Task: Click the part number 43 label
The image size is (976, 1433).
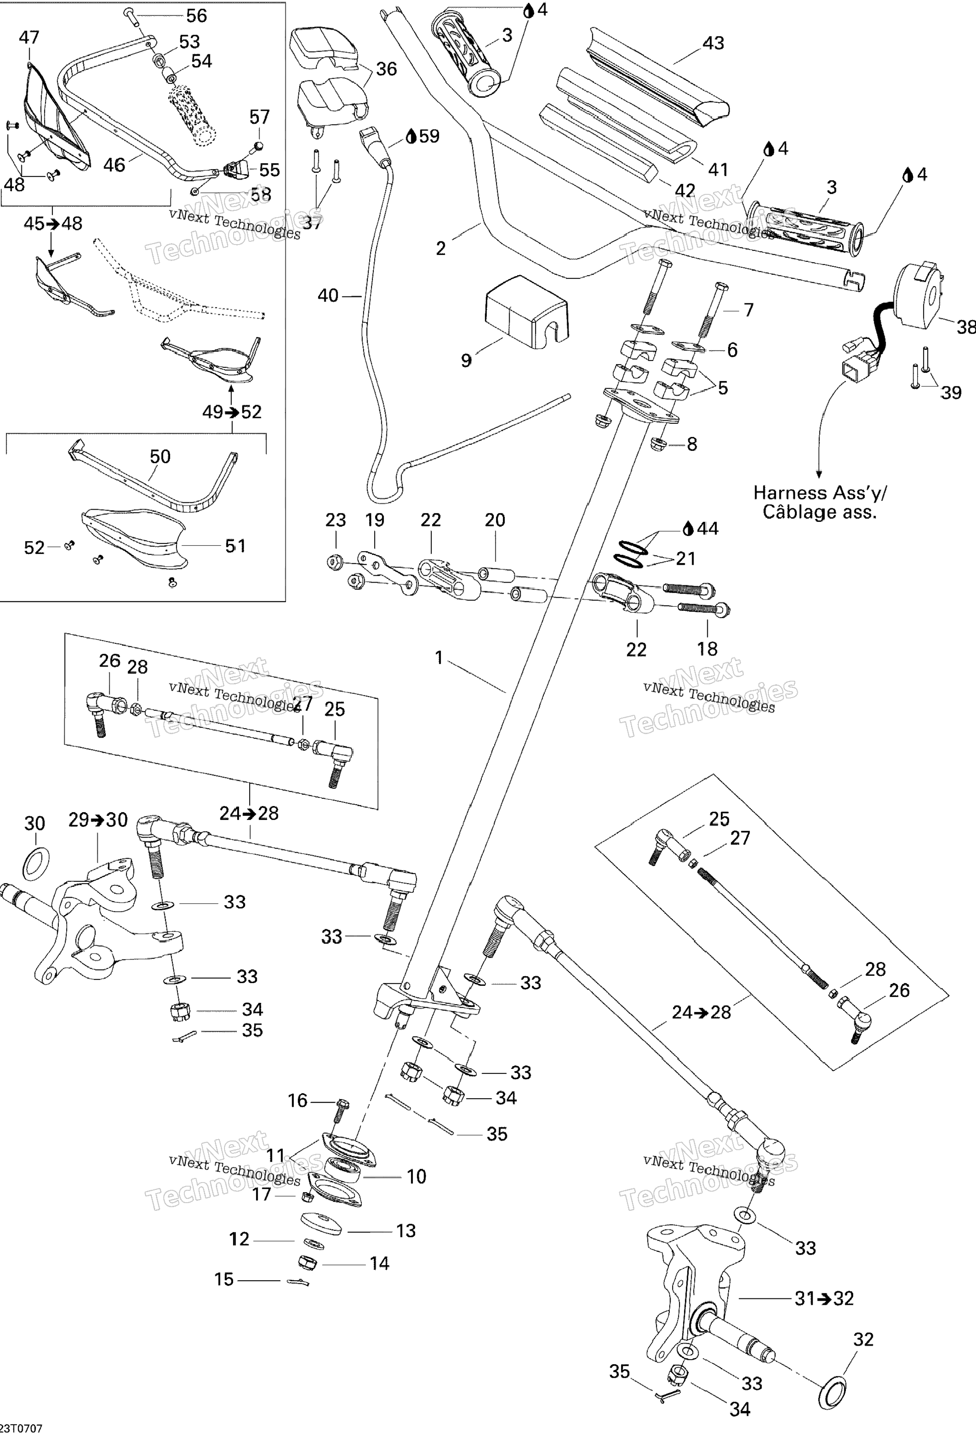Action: pos(713,43)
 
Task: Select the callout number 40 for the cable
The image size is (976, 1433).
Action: pos(328,296)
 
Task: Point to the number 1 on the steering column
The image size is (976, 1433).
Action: pos(439,658)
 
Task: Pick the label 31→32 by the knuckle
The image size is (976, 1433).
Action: pos(824,1298)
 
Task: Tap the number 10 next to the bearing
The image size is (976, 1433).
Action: pos(416,1177)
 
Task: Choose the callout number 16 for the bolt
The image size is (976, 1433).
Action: pos(298,1101)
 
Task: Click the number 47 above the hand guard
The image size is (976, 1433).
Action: pos(29,37)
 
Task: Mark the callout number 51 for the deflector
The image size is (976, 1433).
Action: pos(235,546)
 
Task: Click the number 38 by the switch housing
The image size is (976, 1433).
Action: pos(966,328)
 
